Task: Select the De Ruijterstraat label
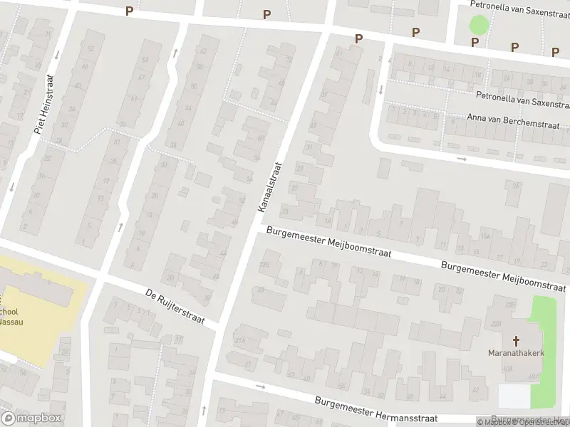[175, 307]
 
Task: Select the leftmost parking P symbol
[129, 11]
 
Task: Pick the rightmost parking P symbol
[556, 51]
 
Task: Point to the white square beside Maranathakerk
[514, 396]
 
